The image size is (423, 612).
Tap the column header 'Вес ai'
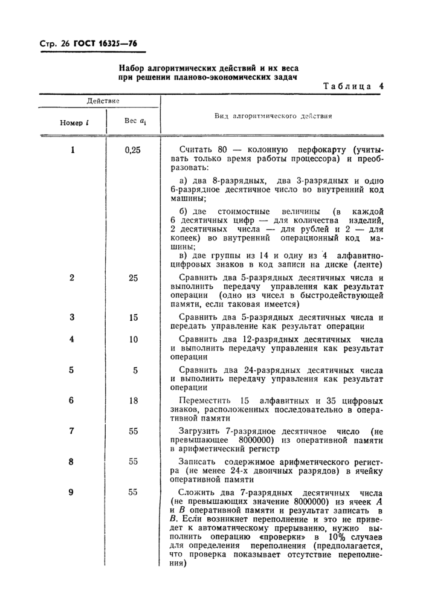point(134,121)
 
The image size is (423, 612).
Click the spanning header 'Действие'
point(103,100)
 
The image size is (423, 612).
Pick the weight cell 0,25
point(132,150)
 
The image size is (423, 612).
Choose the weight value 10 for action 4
point(134,339)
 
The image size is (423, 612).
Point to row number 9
point(71,492)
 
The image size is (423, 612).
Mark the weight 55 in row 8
point(133,462)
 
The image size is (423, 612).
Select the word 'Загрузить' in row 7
point(205,431)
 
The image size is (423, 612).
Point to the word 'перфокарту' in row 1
point(312,150)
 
